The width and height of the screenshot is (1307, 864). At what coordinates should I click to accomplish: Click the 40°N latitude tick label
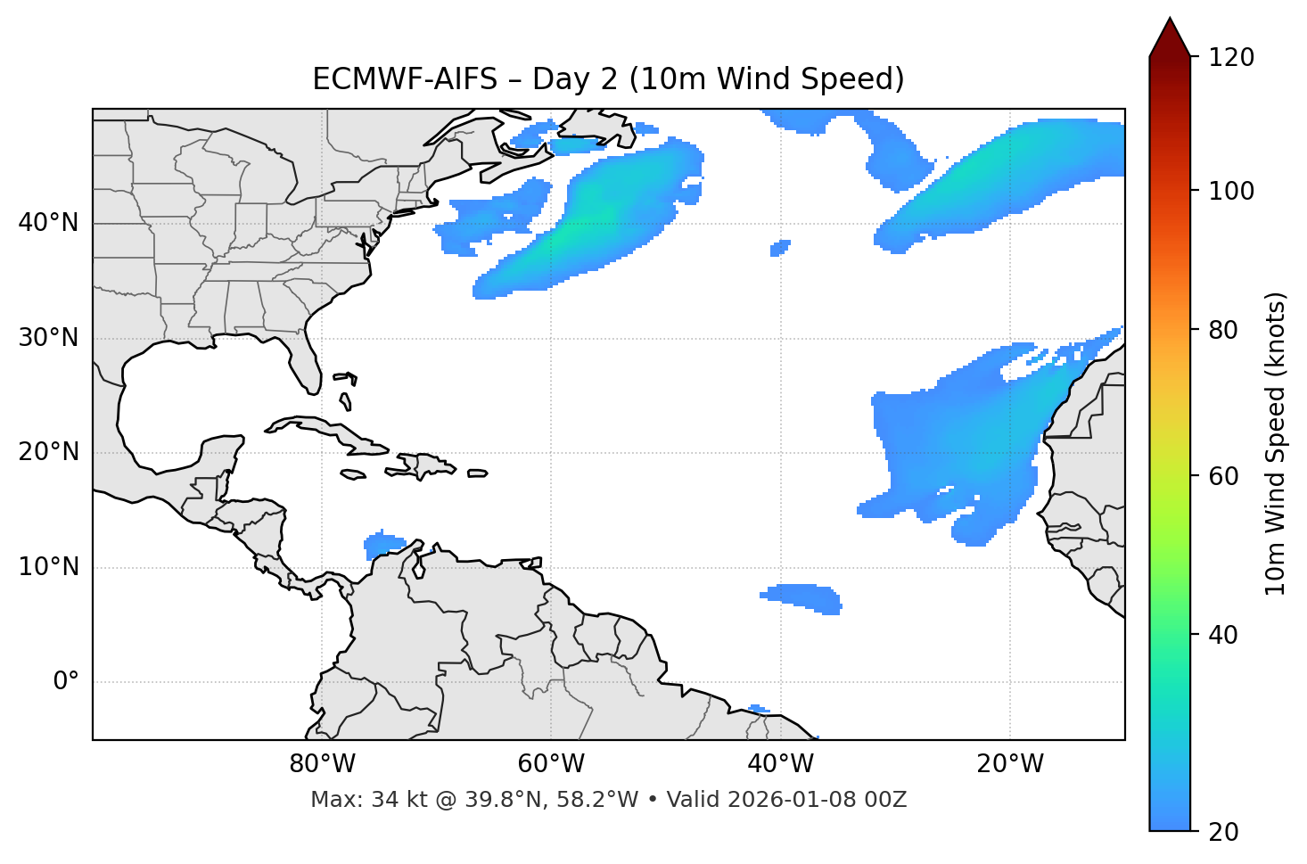[x=48, y=223]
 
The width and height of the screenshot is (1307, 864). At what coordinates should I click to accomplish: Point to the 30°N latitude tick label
[x=48, y=338]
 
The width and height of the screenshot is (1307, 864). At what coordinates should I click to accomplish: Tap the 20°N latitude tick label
[x=48, y=452]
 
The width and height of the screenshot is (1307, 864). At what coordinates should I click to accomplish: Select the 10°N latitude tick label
[x=48, y=567]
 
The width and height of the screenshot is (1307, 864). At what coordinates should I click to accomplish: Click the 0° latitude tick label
[x=66, y=682]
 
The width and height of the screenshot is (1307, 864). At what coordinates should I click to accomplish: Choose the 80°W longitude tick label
[x=322, y=764]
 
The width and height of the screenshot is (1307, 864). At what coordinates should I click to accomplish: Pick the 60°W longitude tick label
[x=551, y=764]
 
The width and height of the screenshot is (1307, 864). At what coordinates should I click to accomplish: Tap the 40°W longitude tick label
[x=780, y=764]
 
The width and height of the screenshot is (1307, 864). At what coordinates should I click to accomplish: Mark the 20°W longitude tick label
[x=1010, y=764]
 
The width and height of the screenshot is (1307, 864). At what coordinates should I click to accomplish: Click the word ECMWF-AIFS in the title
[x=404, y=79]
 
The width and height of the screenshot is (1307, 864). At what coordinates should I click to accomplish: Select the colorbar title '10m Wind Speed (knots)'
[x=1276, y=443]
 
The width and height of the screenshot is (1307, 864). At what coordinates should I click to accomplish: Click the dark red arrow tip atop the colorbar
[x=1170, y=34]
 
